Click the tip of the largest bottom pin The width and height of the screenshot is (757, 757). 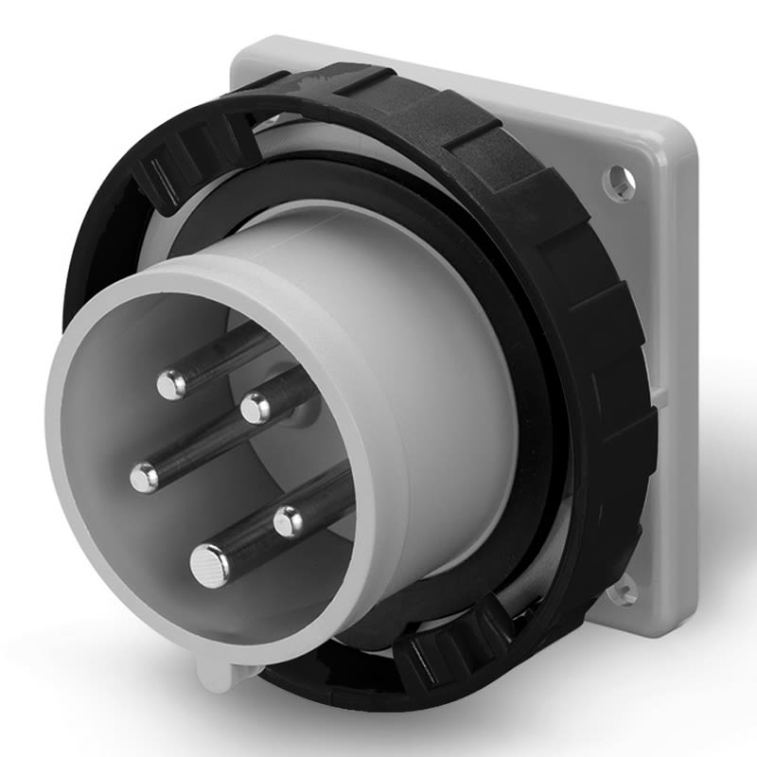(x=209, y=566)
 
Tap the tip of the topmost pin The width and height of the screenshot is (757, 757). (x=171, y=383)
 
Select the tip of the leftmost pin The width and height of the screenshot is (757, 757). (x=144, y=478)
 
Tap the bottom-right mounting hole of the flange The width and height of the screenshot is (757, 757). (x=624, y=592)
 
